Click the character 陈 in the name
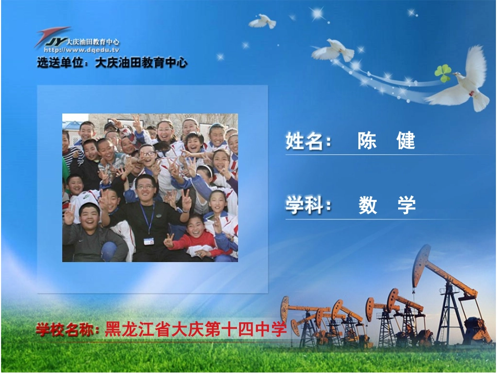coord(367,141)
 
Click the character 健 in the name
coord(406,141)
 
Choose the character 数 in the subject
coord(368,205)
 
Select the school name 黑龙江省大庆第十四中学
coord(196,330)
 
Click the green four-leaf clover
coord(443,73)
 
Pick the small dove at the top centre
coord(263,21)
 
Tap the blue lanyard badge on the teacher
coord(149,241)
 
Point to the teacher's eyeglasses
coord(145,187)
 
